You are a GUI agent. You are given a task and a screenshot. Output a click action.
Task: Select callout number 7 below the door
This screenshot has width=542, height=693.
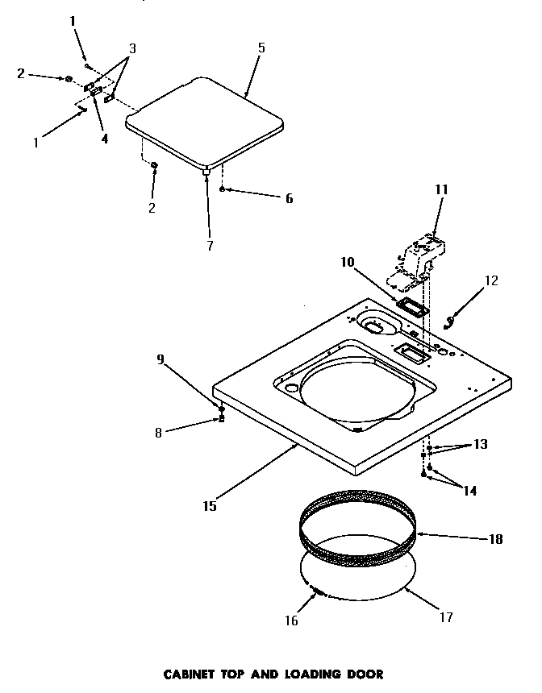210,246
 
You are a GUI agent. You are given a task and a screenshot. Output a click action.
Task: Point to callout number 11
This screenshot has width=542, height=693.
441,190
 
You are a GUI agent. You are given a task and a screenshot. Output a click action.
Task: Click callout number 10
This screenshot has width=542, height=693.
348,262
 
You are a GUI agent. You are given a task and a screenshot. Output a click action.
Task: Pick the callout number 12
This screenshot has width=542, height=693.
491,281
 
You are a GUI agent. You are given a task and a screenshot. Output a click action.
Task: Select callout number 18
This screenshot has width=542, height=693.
495,539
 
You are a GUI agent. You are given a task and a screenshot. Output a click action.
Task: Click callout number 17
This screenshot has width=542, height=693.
446,617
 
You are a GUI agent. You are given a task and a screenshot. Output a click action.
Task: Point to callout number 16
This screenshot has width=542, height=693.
291,620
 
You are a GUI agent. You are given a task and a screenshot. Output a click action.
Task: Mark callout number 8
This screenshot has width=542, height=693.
158,433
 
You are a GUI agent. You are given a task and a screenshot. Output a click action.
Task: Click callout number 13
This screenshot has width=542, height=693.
481,445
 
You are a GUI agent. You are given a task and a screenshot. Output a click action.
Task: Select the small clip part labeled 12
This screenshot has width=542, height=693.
453,321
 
